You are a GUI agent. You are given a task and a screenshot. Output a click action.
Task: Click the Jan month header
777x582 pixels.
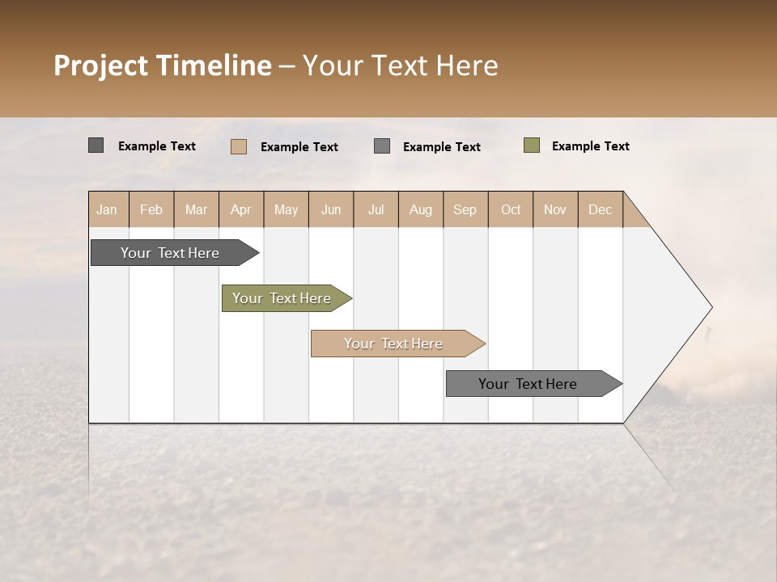coord(107,209)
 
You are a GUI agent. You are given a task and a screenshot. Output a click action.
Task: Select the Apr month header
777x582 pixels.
coord(240,209)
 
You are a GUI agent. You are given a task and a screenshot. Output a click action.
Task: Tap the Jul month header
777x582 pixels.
coord(376,209)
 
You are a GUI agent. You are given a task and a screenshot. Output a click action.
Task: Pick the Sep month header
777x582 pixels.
coord(465,209)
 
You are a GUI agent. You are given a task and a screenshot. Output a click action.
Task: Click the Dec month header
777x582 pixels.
coord(600,209)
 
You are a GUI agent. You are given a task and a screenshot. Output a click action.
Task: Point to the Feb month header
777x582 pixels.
coord(151,209)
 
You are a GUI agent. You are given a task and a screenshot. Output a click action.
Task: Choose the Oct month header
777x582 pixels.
coord(511,209)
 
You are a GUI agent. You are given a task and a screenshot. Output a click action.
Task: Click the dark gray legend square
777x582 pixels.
coord(96,145)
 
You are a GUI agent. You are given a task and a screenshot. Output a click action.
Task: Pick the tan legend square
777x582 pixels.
coord(239,146)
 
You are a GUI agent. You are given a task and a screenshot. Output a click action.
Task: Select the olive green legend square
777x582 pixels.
coord(532,145)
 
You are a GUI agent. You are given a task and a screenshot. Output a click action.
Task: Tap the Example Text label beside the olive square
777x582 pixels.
coord(590,146)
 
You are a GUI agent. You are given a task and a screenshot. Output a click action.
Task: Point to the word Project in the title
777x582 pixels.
coord(100,65)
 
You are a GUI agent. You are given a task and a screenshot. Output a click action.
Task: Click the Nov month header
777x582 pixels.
coord(555,209)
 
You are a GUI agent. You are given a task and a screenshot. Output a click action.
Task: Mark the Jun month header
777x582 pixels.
coord(331,209)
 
